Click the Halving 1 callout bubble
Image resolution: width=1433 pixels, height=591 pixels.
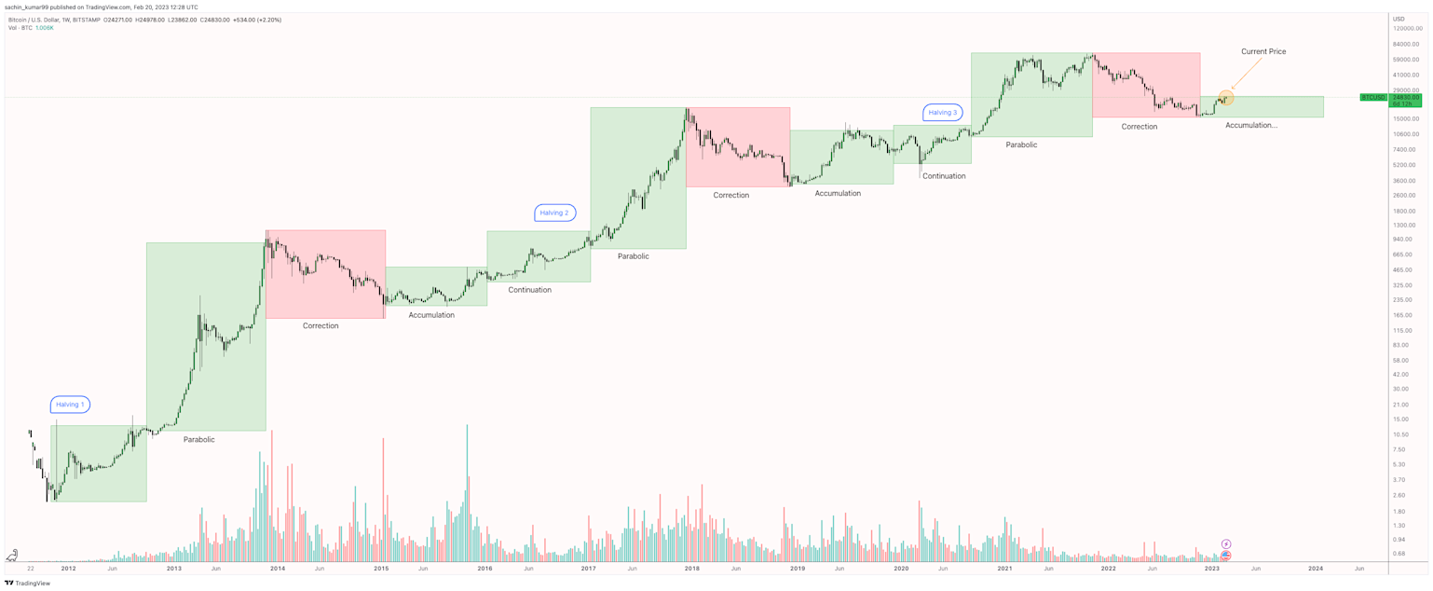70,405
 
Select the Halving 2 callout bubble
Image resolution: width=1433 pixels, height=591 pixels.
554,213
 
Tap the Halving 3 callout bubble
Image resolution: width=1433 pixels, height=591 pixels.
942,113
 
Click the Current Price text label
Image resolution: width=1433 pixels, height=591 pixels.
1262,51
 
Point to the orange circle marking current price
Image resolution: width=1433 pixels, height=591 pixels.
1225,97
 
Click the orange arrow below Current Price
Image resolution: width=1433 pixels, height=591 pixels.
1246,74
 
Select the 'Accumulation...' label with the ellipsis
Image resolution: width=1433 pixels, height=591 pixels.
1250,125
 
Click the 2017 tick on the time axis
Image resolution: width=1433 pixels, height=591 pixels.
588,568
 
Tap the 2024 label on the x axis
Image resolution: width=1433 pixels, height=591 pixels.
1315,568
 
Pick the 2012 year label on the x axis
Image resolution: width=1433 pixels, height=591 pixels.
68,568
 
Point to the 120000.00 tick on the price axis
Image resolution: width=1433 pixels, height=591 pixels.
1406,29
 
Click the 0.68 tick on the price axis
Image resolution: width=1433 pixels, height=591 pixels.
1399,554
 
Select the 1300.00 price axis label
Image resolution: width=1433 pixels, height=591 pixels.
1403,225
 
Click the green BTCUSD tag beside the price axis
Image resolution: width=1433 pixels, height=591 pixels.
1372,97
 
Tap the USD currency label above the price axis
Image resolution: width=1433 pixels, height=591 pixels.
1399,19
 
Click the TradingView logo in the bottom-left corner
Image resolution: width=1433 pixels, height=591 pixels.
29,584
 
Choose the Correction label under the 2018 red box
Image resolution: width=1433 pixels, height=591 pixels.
730,195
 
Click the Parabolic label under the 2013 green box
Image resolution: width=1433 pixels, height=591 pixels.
198,439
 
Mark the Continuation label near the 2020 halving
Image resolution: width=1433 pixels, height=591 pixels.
943,176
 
